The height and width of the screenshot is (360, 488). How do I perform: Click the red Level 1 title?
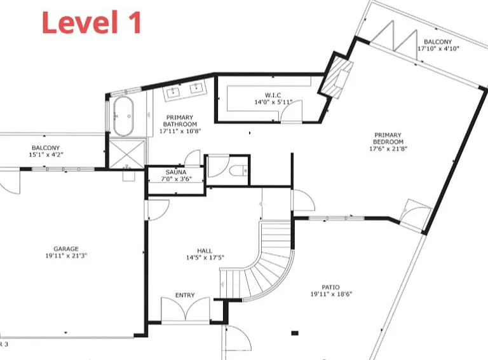coord(91,22)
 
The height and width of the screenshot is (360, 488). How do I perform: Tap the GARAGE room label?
coord(66,249)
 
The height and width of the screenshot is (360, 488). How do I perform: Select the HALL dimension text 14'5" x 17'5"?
coord(205,258)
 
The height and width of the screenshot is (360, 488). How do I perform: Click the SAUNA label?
coord(176,172)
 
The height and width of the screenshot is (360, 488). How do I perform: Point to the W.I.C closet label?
coord(273,95)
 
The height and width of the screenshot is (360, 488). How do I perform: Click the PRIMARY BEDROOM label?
coord(388,138)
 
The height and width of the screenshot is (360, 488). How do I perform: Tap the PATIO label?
coord(330,287)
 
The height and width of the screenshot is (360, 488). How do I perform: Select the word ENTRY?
coord(185,295)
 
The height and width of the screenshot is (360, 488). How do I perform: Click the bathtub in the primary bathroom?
coord(123,116)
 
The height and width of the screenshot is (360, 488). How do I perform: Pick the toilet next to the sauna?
coord(238,170)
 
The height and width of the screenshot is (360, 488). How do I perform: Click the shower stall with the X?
coord(127,154)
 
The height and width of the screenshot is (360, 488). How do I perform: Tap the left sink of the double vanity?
coord(173,91)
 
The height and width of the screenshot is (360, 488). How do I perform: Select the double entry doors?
coord(186,309)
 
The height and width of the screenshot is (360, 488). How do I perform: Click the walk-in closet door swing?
coord(291,111)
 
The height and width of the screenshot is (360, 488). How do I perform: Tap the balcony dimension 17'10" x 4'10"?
coord(438,48)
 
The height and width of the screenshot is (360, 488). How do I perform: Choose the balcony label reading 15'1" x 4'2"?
coord(46,155)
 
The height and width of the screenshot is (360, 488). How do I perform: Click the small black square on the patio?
coord(295,333)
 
